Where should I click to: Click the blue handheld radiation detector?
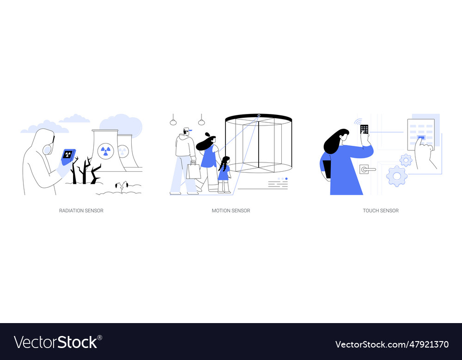68,156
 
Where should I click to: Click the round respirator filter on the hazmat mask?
47,150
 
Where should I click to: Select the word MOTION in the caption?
221,210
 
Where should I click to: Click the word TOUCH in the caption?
371,210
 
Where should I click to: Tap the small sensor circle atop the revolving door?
259,115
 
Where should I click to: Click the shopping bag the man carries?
194,171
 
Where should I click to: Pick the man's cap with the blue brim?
187,130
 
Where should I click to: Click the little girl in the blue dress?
224,173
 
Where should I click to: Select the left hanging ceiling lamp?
173,122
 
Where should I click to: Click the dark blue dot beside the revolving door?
286,179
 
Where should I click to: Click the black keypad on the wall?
365,129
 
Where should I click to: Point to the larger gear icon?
396,176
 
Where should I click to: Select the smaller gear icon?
406,160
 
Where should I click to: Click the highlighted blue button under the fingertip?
421,137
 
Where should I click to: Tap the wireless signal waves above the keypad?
358,122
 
